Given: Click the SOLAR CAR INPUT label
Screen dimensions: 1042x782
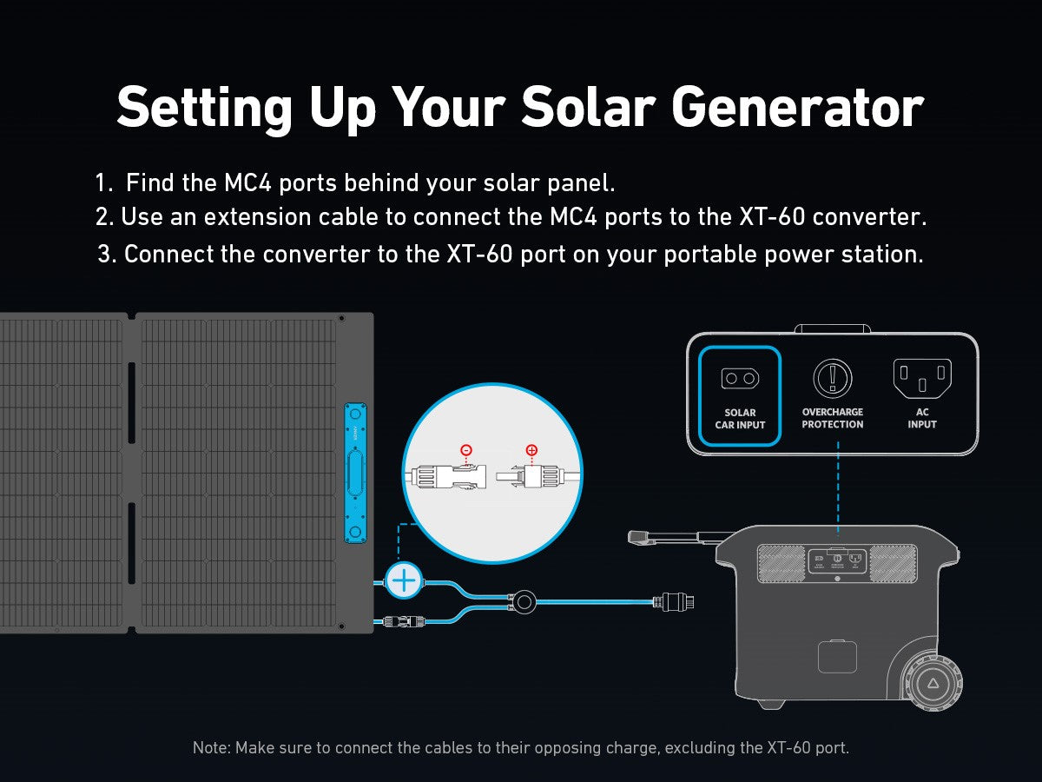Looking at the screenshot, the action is (x=740, y=419).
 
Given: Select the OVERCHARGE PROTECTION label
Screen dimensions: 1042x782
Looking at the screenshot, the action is (x=833, y=418).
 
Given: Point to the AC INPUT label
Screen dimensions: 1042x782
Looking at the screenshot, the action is (x=922, y=418).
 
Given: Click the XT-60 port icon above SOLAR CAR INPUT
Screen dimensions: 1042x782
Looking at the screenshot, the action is (x=740, y=379).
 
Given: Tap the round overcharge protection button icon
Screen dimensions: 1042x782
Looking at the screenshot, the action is (x=833, y=379).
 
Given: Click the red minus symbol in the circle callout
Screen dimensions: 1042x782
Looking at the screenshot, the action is (x=466, y=449).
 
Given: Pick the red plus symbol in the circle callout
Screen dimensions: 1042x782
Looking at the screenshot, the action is (x=531, y=449).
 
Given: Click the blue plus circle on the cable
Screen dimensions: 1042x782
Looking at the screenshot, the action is (x=404, y=580).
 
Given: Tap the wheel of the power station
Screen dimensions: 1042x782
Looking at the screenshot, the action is (x=933, y=683).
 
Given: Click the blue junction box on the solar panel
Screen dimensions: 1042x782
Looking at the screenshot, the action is (x=355, y=473).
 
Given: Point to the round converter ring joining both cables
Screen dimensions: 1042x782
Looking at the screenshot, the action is (x=524, y=602).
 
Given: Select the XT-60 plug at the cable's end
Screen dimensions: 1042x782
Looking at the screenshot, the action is (x=674, y=602).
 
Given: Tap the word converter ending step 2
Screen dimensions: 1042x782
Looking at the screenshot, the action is (x=869, y=217).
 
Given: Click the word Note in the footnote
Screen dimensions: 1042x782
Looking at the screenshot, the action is (x=211, y=748).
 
